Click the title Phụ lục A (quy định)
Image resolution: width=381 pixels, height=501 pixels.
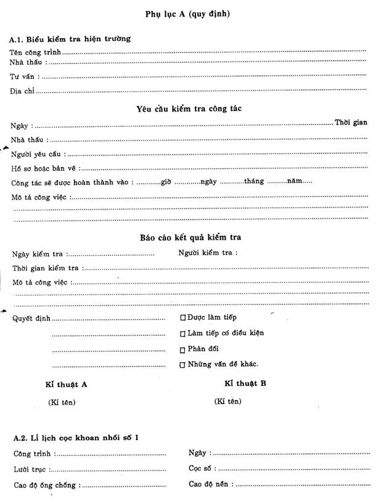click(188, 14)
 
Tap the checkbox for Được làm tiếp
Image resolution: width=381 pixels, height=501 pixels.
click(182, 318)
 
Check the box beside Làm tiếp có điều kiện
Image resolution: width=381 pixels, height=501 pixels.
click(182, 334)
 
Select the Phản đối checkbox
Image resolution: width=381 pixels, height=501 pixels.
click(182, 349)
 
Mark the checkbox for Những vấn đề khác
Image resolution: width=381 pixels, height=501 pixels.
click(182, 365)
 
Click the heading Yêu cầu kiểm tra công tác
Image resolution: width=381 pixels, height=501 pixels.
click(189, 108)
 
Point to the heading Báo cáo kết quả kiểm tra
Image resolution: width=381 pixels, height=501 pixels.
click(190, 237)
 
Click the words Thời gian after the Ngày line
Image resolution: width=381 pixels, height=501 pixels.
click(351, 123)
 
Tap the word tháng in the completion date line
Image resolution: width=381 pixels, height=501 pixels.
click(254, 181)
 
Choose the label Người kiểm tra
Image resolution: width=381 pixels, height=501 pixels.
click(208, 252)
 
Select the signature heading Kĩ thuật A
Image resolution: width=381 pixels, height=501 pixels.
click(66, 384)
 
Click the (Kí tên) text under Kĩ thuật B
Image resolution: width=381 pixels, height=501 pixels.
click(227, 401)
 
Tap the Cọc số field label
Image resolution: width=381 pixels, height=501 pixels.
click(202, 468)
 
